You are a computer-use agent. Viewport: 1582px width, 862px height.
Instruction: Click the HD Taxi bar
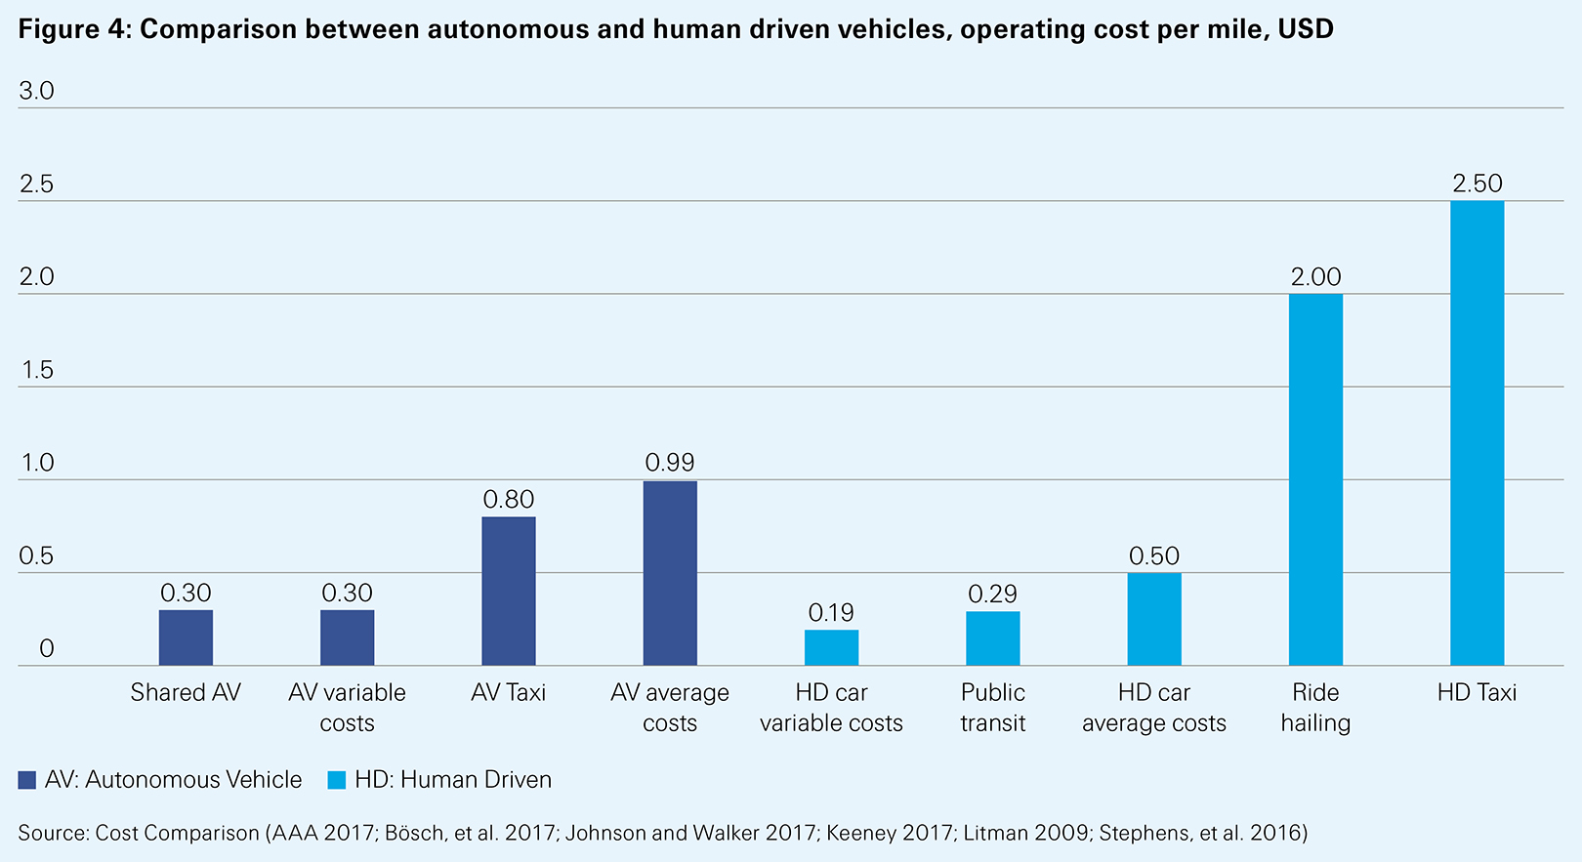[x=1477, y=433]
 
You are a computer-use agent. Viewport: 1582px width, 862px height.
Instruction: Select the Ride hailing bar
[x=1315, y=479]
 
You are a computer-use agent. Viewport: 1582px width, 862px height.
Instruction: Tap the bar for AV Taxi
[x=509, y=591]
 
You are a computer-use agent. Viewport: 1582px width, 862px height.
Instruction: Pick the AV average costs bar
[x=670, y=573]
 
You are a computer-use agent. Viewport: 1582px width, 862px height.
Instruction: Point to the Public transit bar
[x=993, y=638]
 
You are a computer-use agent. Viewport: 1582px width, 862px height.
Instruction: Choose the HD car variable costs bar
[x=831, y=647]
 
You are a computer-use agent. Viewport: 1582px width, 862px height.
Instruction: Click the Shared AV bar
[x=186, y=637]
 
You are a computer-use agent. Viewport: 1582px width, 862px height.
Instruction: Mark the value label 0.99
[x=670, y=463]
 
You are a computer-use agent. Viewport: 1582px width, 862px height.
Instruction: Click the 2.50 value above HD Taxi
[x=1477, y=184]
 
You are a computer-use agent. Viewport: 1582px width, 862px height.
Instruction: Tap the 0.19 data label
[x=831, y=613]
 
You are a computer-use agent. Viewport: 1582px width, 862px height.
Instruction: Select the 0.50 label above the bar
[x=1154, y=556]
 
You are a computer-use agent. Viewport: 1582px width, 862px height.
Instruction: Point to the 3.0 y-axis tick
[x=36, y=92]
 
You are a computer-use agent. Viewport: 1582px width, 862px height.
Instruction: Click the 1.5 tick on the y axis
[x=36, y=370]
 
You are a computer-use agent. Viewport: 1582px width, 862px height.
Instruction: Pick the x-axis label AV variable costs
[x=347, y=708]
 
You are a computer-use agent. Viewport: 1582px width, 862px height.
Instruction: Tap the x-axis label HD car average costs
[x=1154, y=708]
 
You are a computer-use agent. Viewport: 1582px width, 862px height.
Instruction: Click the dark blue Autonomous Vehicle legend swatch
[x=26, y=780]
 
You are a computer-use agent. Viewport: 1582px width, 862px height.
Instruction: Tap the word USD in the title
[x=1306, y=29]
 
